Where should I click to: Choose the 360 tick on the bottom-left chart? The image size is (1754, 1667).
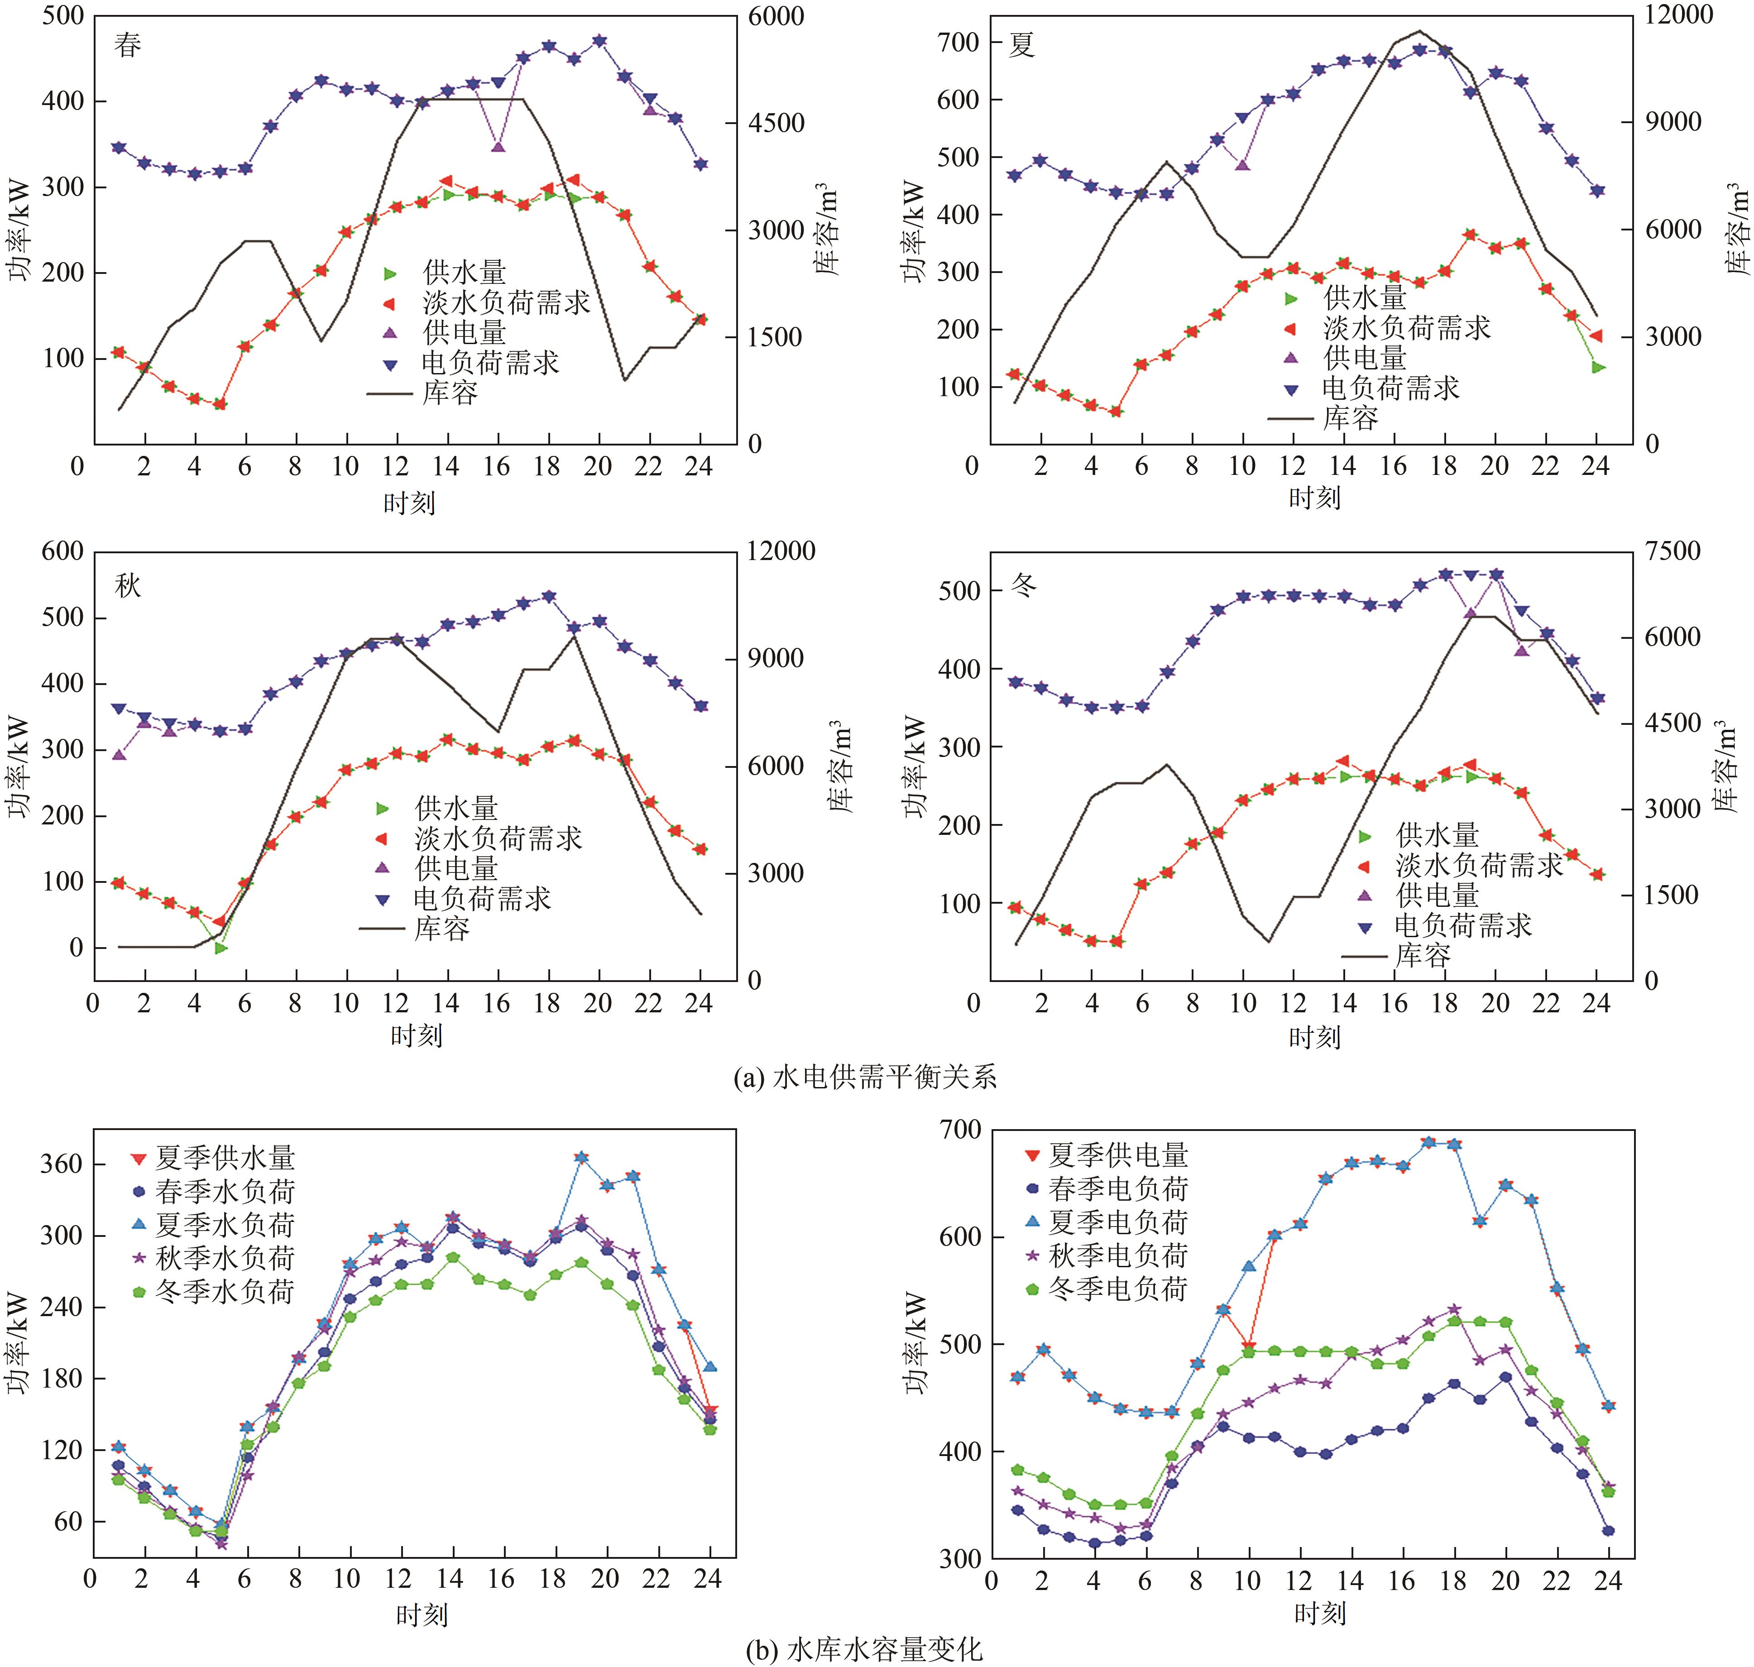click(x=60, y=1164)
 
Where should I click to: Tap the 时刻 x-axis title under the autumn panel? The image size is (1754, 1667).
click(x=416, y=1035)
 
